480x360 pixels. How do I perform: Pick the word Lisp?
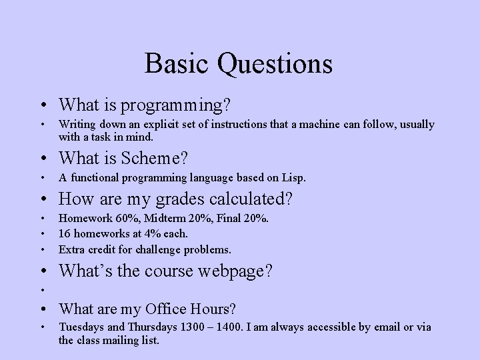click(x=294, y=177)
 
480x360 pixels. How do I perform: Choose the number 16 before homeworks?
click(x=65, y=233)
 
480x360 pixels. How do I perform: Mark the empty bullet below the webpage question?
click(x=42, y=291)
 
